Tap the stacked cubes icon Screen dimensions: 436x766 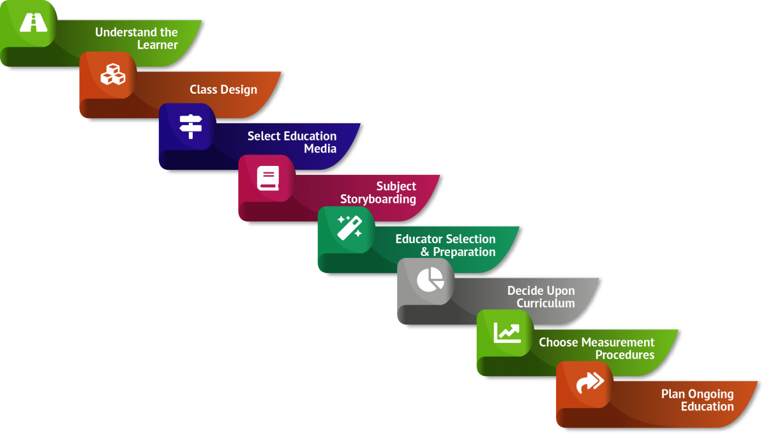tap(113, 75)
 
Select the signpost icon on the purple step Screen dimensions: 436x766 tap(190, 126)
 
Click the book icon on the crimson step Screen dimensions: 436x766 tap(268, 178)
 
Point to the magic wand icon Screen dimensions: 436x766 tap(349, 227)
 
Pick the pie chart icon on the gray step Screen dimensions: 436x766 tap(430, 279)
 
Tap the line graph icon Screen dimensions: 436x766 tap(507, 332)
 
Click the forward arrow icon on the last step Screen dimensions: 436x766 tap(589, 382)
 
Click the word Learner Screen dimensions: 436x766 tap(158, 45)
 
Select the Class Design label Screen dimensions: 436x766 tap(223, 90)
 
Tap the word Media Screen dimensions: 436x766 tap(320, 149)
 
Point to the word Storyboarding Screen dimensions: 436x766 tap(378, 200)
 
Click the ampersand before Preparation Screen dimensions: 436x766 tap(425, 252)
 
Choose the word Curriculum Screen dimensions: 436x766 tap(546, 303)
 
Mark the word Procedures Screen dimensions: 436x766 tap(625, 355)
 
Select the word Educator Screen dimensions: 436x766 tap(419, 239)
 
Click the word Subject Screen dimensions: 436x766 tap(396, 186)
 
